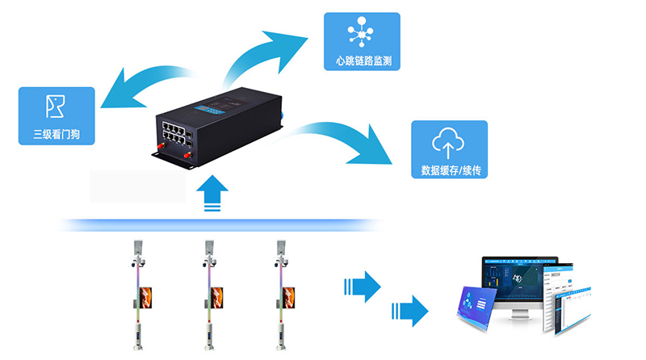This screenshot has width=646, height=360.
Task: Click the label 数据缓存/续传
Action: click(449, 170)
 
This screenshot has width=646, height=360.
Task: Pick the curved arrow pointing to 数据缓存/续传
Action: click(347, 137)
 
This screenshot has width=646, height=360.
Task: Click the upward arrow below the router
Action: click(212, 194)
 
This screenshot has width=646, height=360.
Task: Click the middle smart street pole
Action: click(209, 295)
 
